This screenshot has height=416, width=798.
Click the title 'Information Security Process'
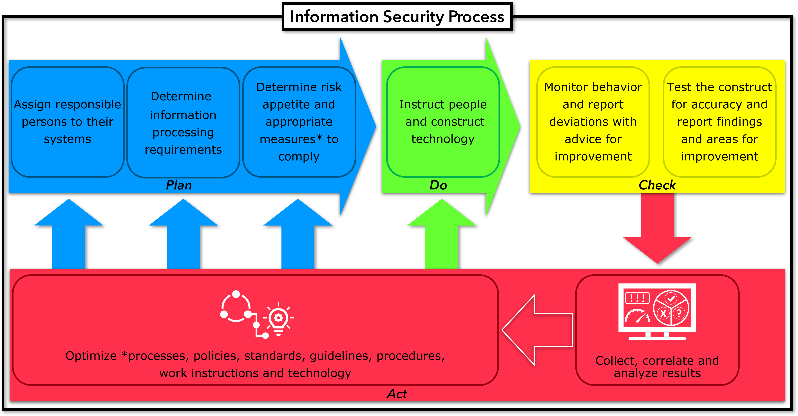pos(397,17)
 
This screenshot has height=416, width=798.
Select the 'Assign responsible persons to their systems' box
pos(68,122)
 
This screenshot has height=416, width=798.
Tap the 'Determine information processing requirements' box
pos(183,123)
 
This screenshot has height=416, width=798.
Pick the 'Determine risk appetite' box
pos(299,122)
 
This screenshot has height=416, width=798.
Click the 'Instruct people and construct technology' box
pos(443,122)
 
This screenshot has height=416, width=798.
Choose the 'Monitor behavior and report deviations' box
pos(593,122)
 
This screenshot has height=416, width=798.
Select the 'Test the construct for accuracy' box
pos(719,122)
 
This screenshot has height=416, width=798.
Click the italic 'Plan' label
pos(179,185)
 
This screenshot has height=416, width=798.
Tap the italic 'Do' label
pos(438,185)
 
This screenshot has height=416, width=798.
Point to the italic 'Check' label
pos(657,185)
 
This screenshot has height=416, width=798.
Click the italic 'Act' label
pos(397,394)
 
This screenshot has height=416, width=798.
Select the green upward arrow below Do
pos(442,235)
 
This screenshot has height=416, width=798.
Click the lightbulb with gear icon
pos(278,319)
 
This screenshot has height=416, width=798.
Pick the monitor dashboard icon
pos(657,311)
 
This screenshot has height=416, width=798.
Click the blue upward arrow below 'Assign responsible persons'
pos(69,235)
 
